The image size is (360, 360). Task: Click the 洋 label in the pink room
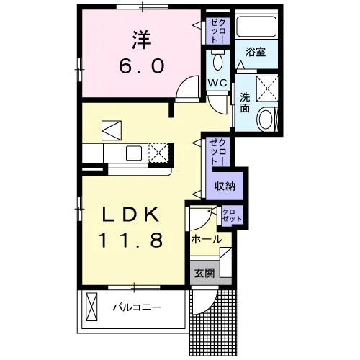pos(142,40)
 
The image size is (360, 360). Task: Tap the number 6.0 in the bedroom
pos(142,66)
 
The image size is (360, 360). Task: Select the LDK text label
pos(131,215)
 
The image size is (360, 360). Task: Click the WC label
pos(217,83)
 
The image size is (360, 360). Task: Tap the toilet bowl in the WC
pos(218,61)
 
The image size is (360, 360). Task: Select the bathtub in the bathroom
pos(256,26)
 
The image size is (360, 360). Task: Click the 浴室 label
pos(256,52)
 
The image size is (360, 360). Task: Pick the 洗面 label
pos(245,102)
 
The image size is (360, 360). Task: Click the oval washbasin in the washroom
pos(265,119)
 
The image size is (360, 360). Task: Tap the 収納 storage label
pos(225,186)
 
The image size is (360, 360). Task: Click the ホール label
pos(207,239)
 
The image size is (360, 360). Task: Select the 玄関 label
pos(204,273)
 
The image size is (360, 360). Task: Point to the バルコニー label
pos(138,307)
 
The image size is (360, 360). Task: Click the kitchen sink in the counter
pos(134,153)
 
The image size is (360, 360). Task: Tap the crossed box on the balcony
pos(91,307)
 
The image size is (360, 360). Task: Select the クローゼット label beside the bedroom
pos(218,31)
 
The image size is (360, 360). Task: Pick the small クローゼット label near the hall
pos(233,215)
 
